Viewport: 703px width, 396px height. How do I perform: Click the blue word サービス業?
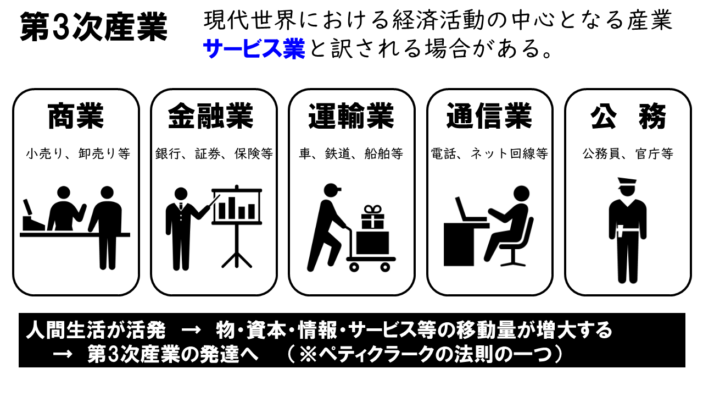point(254,50)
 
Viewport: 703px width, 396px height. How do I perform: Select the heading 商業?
point(76,117)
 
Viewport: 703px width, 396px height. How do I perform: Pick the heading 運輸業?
point(351,117)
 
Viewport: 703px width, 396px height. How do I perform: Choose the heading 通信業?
point(489,117)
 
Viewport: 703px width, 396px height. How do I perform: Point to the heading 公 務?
point(628,117)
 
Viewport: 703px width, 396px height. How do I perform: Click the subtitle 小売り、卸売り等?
point(77,154)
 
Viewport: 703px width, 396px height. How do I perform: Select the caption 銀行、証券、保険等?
point(214,154)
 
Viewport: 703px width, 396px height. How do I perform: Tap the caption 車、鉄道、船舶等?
point(351,154)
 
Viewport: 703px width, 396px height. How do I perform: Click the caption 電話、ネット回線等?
point(489,154)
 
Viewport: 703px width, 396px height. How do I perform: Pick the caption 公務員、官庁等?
point(628,154)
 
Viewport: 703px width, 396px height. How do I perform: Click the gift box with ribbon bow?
point(372,218)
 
